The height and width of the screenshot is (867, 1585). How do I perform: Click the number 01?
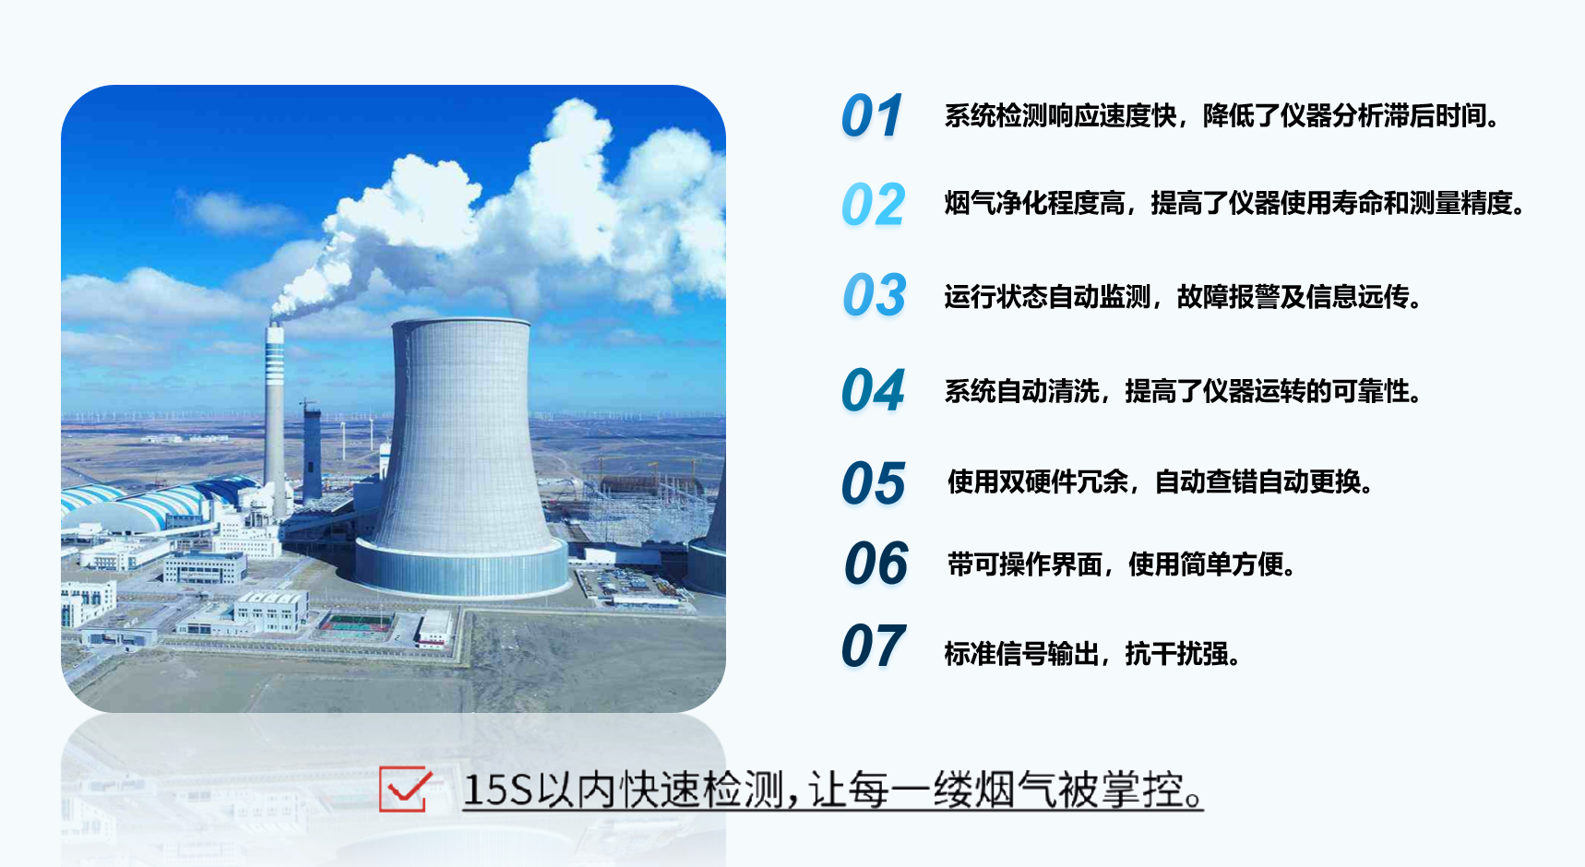click(872, 116)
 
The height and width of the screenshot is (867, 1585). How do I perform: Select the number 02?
click(873, 205)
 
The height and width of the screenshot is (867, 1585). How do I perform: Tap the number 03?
click(875, 295)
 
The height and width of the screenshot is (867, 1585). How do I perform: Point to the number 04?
click(873, 390)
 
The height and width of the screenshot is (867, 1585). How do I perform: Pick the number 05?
click(874, 483)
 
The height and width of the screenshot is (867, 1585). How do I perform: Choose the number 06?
click(876, 564)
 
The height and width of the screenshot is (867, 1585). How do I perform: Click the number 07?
click(874, 646)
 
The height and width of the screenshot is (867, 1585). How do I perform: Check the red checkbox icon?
click(405, 790)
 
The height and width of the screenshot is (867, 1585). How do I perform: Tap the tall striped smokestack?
click(275, 415)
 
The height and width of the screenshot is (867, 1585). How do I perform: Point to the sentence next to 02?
click(1235, 203)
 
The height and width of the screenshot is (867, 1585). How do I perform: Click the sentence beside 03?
click(1184, 297)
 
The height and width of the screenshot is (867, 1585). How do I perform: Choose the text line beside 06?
click(1123, 564)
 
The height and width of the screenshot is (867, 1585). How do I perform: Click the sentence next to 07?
click(1092, 654)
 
